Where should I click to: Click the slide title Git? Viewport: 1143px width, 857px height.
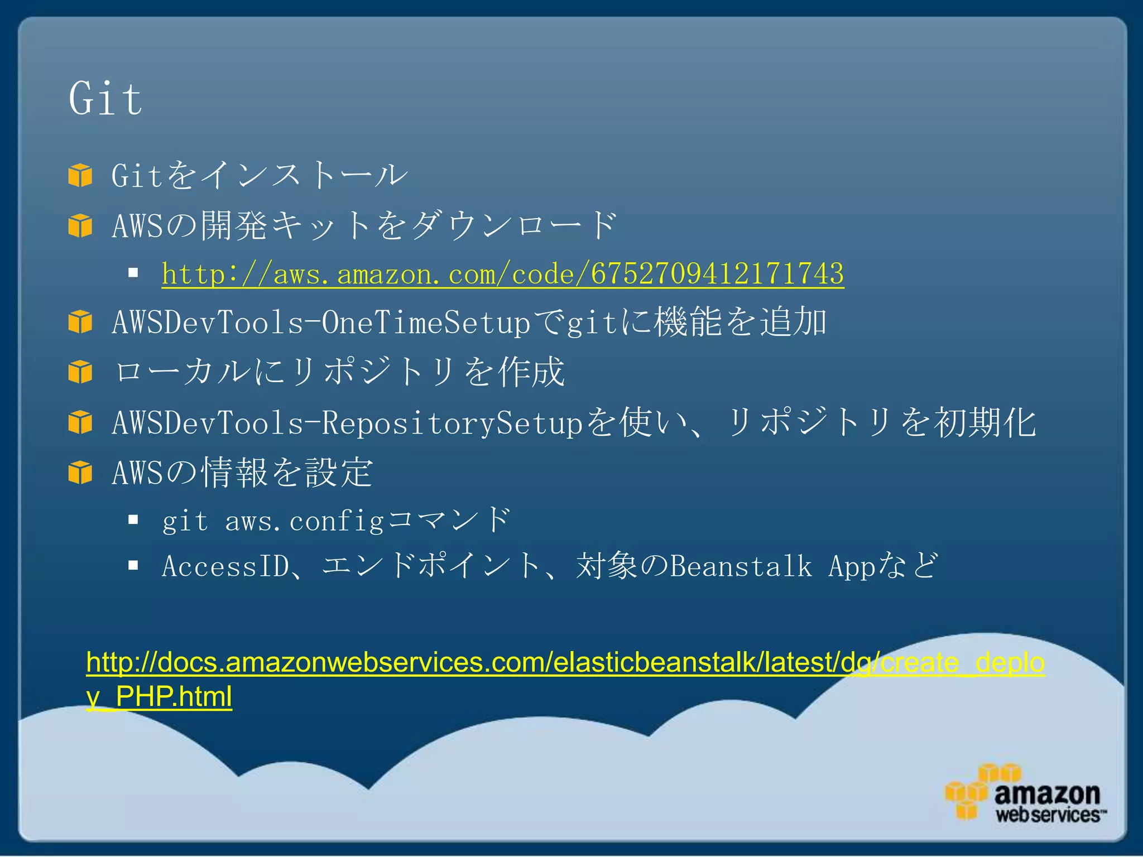105,99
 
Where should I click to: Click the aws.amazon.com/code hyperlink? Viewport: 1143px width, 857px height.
502,274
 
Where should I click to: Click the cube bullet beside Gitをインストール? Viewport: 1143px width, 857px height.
80,175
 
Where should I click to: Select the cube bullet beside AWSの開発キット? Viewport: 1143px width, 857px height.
80,226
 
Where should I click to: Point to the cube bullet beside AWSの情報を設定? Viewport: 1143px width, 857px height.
80,473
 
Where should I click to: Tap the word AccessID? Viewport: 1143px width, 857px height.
225,566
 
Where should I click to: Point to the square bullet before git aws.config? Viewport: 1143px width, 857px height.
133,521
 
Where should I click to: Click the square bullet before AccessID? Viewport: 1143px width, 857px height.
133,566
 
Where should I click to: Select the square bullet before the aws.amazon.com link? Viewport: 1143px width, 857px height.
133,273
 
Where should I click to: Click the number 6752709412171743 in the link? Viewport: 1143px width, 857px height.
717,274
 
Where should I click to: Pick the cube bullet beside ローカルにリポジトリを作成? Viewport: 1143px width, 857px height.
80,372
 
